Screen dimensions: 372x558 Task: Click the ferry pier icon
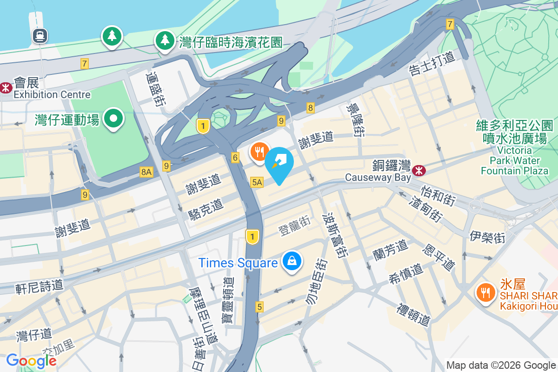tap(40, 35)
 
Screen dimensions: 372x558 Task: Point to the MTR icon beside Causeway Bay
tap(419, 171)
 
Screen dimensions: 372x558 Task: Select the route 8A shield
tap(146, 172)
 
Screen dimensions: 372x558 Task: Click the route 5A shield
tap(257, 182)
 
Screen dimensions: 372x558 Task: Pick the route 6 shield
tap(235, 158)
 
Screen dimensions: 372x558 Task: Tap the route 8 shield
tap(311, 108)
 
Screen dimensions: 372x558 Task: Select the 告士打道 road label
tap(431, 65)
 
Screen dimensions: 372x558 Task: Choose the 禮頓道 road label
tap(413, 315)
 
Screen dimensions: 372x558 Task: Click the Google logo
tap(31, 361)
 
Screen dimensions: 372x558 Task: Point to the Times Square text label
tap(238, 263)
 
